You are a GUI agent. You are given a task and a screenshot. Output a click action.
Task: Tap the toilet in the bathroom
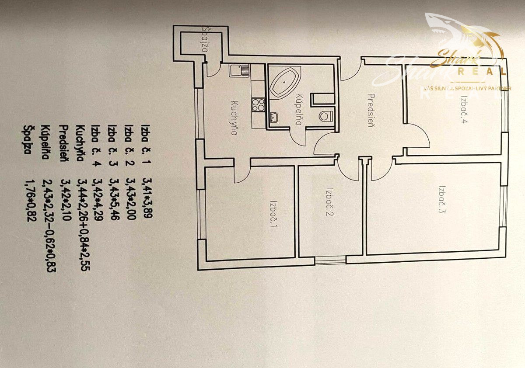(326, 116)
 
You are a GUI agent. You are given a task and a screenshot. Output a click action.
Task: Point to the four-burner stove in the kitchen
(258, 105)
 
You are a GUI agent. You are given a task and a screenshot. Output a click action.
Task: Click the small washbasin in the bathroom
(274, 117)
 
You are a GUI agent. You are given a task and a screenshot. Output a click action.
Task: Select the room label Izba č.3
(442, 199)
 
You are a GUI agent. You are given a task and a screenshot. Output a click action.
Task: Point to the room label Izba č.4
(464, 109)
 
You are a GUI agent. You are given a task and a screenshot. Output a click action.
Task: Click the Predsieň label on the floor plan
(371, 110)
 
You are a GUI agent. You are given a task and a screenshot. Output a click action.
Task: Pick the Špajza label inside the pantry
(205, 39)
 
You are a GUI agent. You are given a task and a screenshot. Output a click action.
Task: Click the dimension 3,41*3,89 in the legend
(147, 198)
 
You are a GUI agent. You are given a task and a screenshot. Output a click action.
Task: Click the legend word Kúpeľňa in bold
(45, 142)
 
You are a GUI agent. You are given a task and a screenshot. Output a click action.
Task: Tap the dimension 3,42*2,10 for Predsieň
(66, 200)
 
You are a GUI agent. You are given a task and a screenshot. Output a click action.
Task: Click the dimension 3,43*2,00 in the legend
(131, 199)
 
